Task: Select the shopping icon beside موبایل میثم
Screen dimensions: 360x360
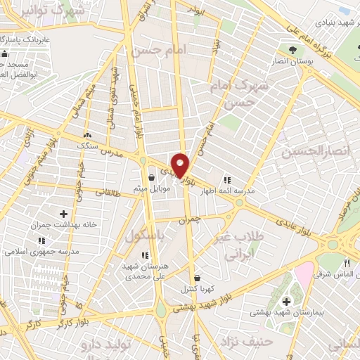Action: [152, 178]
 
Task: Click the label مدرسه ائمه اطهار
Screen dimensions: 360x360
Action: [249, 191]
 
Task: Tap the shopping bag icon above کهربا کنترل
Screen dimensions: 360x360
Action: [196, 277]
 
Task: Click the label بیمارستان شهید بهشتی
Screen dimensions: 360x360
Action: [284, 314]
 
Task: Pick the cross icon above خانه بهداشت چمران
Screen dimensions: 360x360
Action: [64, 213]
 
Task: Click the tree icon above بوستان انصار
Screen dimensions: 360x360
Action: [292, 49]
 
